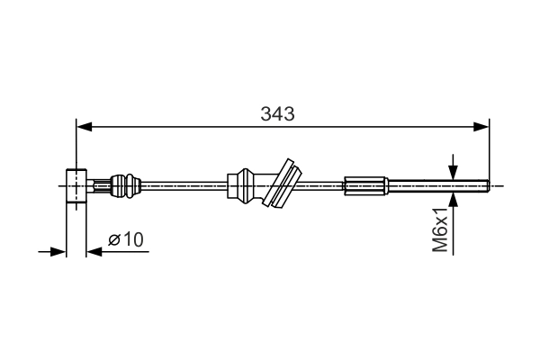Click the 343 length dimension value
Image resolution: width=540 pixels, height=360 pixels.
(x=277, y=113)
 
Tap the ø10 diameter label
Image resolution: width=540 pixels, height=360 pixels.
(x=125, y=239)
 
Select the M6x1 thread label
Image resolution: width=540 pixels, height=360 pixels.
(x=440, y=229)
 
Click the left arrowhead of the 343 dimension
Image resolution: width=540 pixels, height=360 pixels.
(x=85, y=127)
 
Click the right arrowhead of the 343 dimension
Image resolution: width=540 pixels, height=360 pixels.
(x=481, y=127)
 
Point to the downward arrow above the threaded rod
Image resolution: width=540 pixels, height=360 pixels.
(x=454, y=167)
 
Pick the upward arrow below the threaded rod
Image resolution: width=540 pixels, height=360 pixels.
(x=454, y=223)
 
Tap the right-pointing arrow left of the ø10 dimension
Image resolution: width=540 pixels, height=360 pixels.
(x=51, y=251)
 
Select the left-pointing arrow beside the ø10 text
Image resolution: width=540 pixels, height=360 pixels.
(x=117, y=251)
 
